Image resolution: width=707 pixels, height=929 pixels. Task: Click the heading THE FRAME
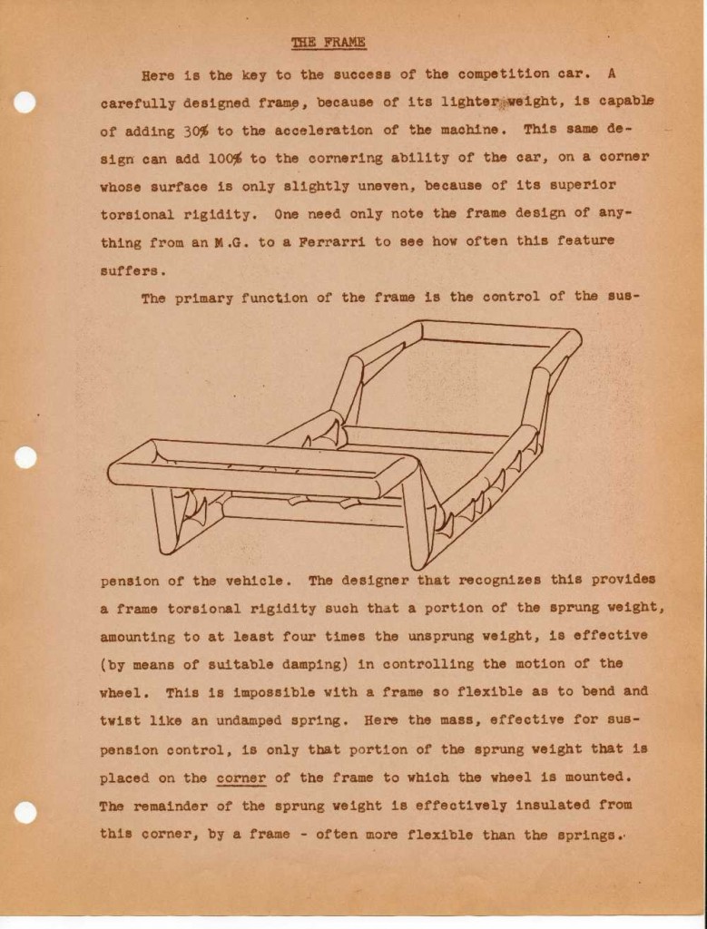329,43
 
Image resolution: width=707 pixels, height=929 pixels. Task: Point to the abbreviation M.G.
238,242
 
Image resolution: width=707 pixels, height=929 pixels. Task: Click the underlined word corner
241,777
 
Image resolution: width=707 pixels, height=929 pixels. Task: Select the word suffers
133,270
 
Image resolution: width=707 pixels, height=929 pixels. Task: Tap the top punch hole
25,103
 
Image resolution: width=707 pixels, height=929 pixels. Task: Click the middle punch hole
25,457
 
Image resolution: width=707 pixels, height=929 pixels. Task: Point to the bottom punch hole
25,812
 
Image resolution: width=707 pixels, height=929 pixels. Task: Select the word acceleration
354,131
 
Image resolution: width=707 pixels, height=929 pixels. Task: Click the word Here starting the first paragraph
159,74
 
